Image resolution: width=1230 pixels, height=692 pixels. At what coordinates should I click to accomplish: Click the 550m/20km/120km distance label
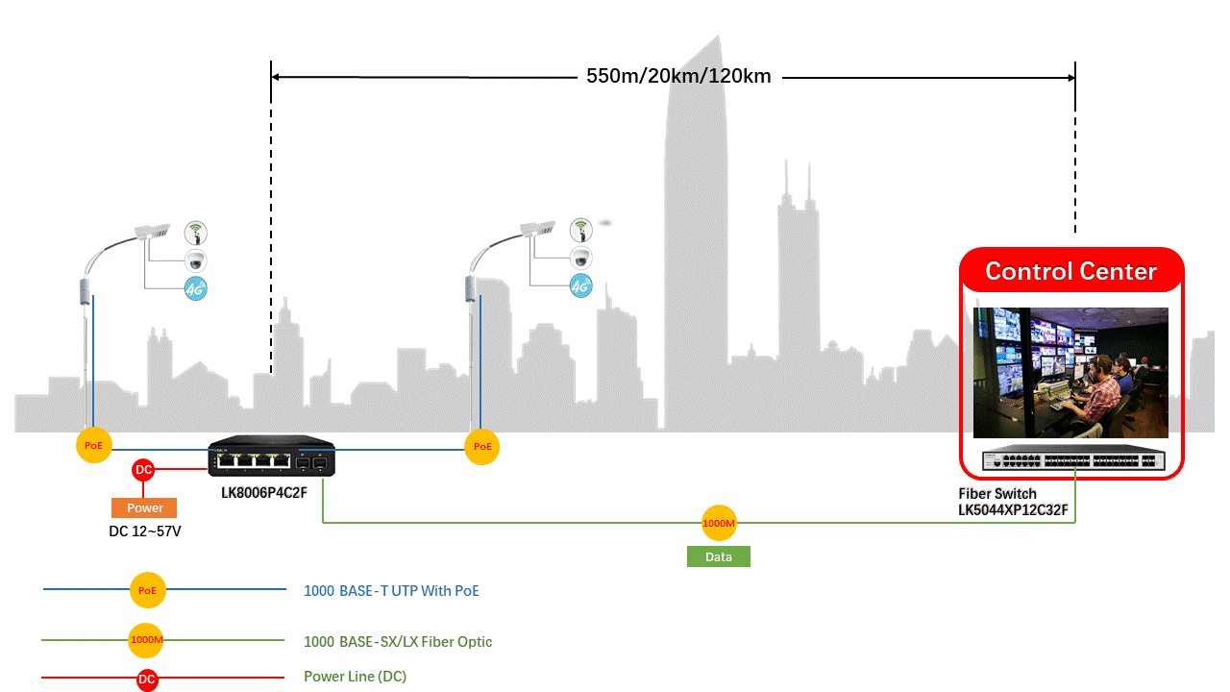point(678,76)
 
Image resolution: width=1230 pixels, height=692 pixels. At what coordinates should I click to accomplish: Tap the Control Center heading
point(1070,271)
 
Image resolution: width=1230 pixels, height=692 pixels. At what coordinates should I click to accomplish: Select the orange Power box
point(144,508)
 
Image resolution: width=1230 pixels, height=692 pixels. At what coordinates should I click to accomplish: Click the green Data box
point(718,556)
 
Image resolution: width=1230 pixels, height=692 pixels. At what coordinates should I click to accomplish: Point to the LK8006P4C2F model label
point(264,493)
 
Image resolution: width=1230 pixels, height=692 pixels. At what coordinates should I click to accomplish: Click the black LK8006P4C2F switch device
point(272,456)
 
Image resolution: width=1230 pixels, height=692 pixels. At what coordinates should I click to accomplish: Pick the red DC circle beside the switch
point(143,470)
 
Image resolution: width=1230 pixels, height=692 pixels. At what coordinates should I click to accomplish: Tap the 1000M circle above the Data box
point(719,524)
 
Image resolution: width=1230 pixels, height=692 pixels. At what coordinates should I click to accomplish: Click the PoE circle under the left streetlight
point(94,445)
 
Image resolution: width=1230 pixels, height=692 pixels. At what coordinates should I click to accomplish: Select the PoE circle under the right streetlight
point(482,447)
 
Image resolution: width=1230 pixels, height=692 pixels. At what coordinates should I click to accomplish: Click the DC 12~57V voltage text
point(145,531)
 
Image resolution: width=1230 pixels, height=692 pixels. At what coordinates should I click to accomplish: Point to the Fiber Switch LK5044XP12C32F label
point(1013,502)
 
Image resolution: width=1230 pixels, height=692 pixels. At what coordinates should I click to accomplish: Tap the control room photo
point(1070,373)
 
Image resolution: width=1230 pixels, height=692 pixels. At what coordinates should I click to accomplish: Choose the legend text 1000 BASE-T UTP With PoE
point(391,591)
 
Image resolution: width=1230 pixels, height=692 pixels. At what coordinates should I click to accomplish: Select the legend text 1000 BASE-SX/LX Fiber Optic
point(398,642)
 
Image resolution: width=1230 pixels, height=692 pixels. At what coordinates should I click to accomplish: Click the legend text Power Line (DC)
point(356,677)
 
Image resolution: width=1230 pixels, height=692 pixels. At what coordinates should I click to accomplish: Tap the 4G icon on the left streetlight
point(196,289)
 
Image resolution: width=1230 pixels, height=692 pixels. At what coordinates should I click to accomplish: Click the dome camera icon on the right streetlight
point(581,258)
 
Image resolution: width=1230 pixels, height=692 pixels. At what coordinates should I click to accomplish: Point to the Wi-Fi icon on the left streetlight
point(196,233)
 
